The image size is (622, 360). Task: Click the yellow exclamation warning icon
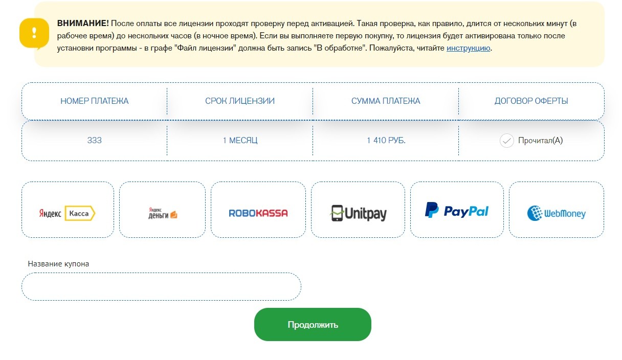tap(34, 34)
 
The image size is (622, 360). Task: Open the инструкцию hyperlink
tap(468, 48)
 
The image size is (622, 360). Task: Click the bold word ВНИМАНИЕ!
tap(83, 24)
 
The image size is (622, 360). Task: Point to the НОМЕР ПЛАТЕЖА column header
tap(95, 101)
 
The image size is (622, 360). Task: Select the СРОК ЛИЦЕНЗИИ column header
tap(240, 101)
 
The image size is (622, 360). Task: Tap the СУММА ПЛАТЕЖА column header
tap(386, 101)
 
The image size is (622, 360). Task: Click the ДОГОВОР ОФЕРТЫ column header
tap(531, 101)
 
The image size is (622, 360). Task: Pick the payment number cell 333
tap(95, 141)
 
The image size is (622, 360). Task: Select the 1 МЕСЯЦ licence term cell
tap(240, 141)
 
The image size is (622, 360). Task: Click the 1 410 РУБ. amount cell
tap(386, 141)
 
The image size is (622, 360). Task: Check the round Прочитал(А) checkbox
tap(507, 141)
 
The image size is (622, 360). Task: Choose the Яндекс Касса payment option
tap(68, 213)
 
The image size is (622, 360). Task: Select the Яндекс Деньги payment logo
tap(163, 213)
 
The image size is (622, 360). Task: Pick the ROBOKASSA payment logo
tap(258, 213)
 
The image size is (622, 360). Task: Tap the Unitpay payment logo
tap(358, 213)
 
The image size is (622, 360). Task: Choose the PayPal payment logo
tap(457, 210)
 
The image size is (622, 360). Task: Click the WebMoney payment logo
tap(557, 213)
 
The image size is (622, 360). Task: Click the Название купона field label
tap(58, 264)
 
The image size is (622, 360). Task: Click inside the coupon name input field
tap(161, 286)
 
